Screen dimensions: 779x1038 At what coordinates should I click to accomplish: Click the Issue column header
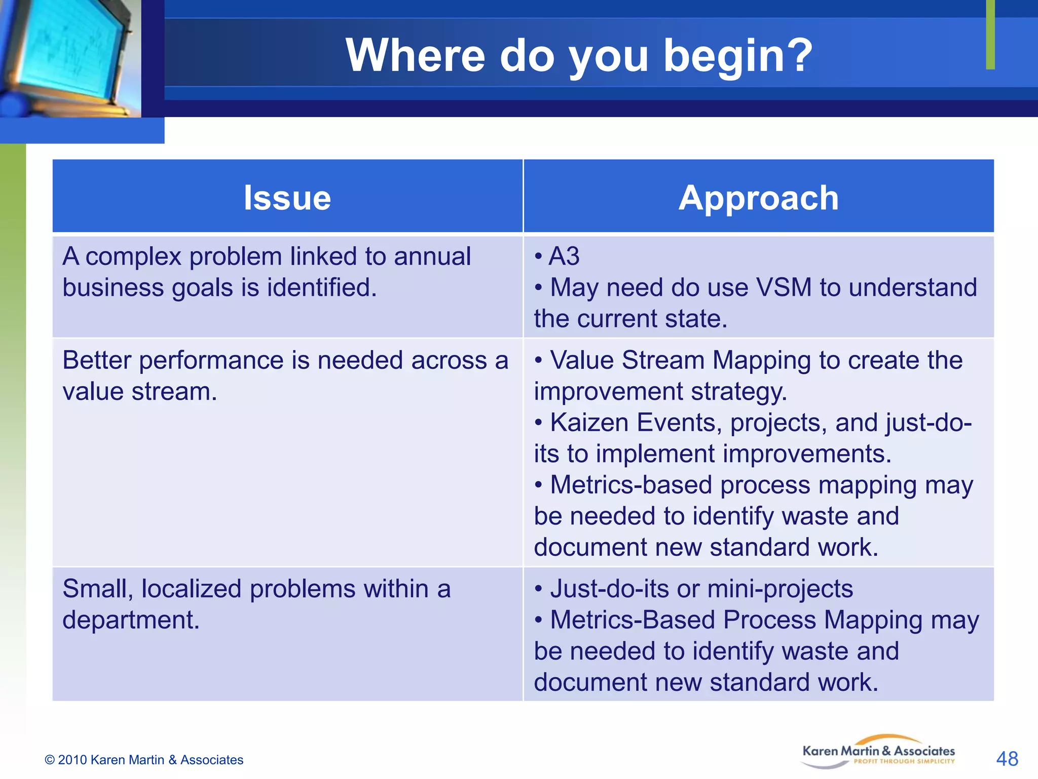287,197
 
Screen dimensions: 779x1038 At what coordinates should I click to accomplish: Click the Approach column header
758,197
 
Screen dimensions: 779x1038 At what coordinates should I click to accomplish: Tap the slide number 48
1007,759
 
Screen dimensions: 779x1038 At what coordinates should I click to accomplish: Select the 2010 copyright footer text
144,760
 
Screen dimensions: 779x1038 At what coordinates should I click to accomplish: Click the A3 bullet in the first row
564,256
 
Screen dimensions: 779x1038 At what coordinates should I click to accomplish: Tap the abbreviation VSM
784,288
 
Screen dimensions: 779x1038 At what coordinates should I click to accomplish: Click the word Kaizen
589,422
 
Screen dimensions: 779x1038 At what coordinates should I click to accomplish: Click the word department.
131,620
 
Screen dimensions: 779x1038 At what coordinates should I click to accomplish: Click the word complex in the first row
133,256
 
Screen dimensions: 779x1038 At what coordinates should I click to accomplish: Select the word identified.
322,288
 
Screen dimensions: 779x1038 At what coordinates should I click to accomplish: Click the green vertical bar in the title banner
990,34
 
